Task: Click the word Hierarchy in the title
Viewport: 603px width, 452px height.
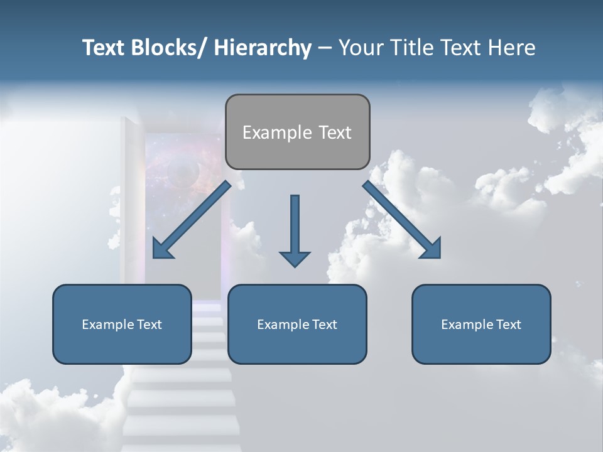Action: tap(263, 48)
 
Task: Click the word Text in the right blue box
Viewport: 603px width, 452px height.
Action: tap(508, 325)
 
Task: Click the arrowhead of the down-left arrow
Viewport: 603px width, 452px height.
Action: tap(163, 249)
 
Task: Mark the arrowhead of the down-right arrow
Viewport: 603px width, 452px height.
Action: tap(431, 249)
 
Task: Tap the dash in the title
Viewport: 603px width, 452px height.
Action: tap(324, 48)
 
